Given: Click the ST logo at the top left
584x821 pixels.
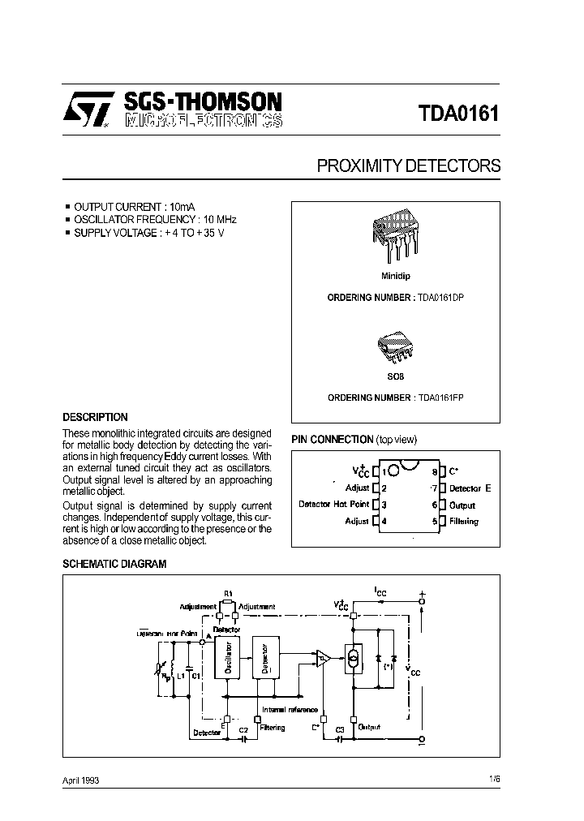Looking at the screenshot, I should point(87,111).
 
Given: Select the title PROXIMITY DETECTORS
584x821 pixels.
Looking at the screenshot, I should point(408,166).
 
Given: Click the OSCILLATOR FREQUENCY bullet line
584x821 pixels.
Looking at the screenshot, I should point(154,219).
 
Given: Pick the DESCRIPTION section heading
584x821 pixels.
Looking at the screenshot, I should point(95,417).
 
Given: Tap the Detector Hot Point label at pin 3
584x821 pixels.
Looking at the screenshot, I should point(333,505).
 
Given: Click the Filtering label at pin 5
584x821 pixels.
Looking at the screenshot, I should point(463,522).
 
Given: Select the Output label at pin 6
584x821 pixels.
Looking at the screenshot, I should point(462,505).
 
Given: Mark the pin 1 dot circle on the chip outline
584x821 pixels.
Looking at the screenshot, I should point(392,470).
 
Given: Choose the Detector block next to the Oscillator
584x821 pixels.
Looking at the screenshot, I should point(264,658).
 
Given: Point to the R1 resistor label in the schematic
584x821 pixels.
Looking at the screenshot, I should point(228,594).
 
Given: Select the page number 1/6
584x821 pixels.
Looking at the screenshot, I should point(494,779).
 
